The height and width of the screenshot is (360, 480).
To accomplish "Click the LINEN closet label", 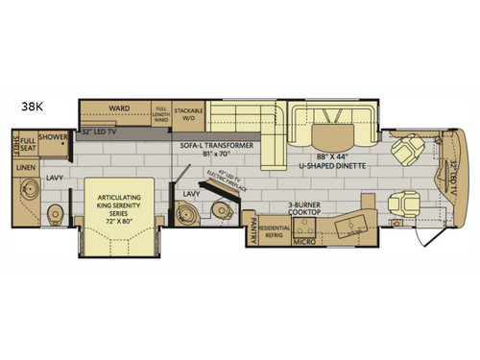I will tap(27, 167).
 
